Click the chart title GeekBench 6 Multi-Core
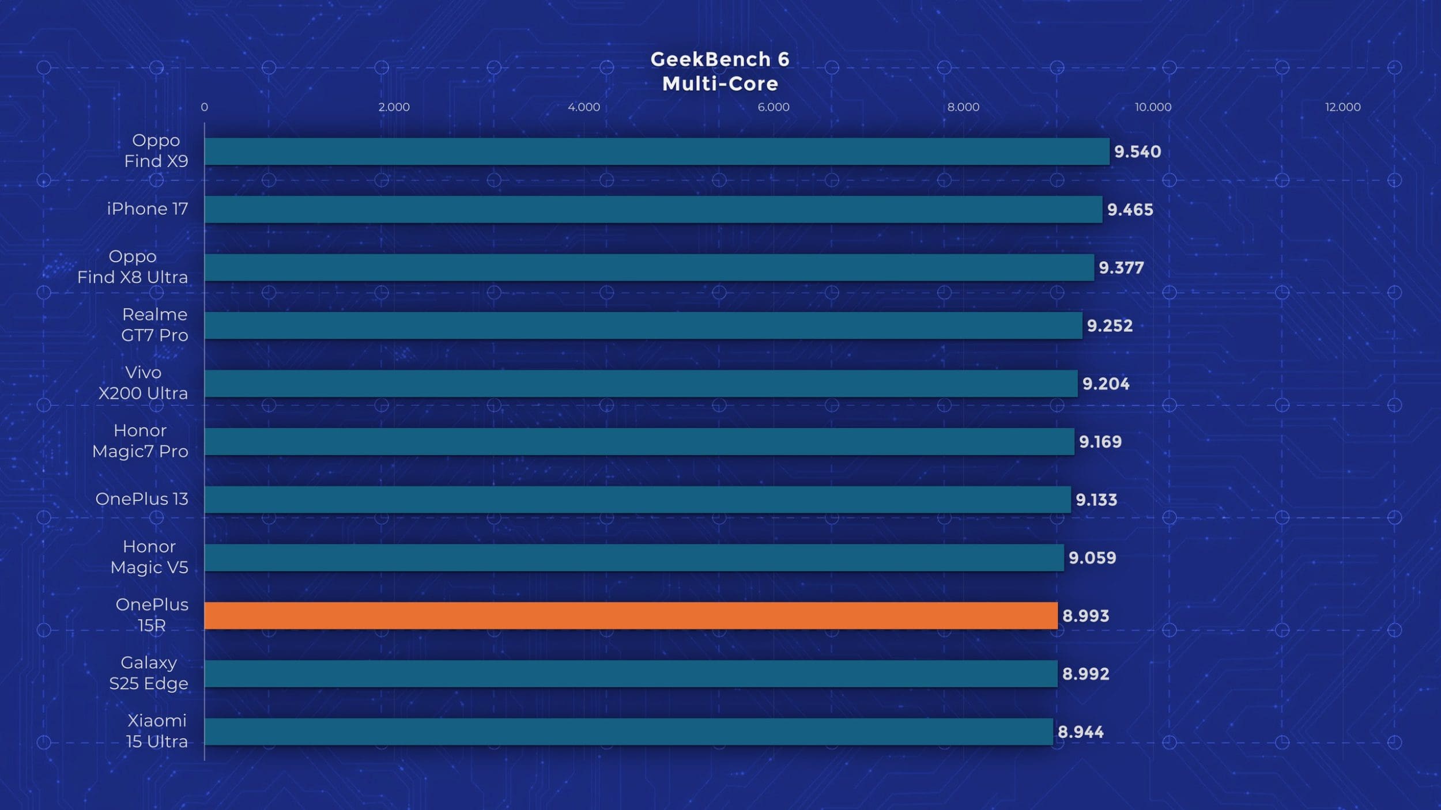[720, 71]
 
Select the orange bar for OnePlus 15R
[631, 615]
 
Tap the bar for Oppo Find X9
[657, 152]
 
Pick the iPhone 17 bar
[653, 209]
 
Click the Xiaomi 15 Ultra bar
[628, 732]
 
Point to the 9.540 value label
[1137, 152]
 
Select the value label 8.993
[1085, 616]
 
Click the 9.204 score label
[1106, 384]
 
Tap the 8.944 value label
[1080, 732]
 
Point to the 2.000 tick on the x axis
[394, 107]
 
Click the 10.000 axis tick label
[1153, 107]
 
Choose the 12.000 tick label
[1342, 107]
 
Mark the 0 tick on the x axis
[204, 107]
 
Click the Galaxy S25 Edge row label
[149, 673]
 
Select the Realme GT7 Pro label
[154, 325]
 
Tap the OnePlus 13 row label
[142, 499]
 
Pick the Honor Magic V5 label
[149, 557]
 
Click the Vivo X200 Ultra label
[143, 383]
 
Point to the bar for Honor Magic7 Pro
[639, 441]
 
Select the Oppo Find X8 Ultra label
[133, 267]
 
